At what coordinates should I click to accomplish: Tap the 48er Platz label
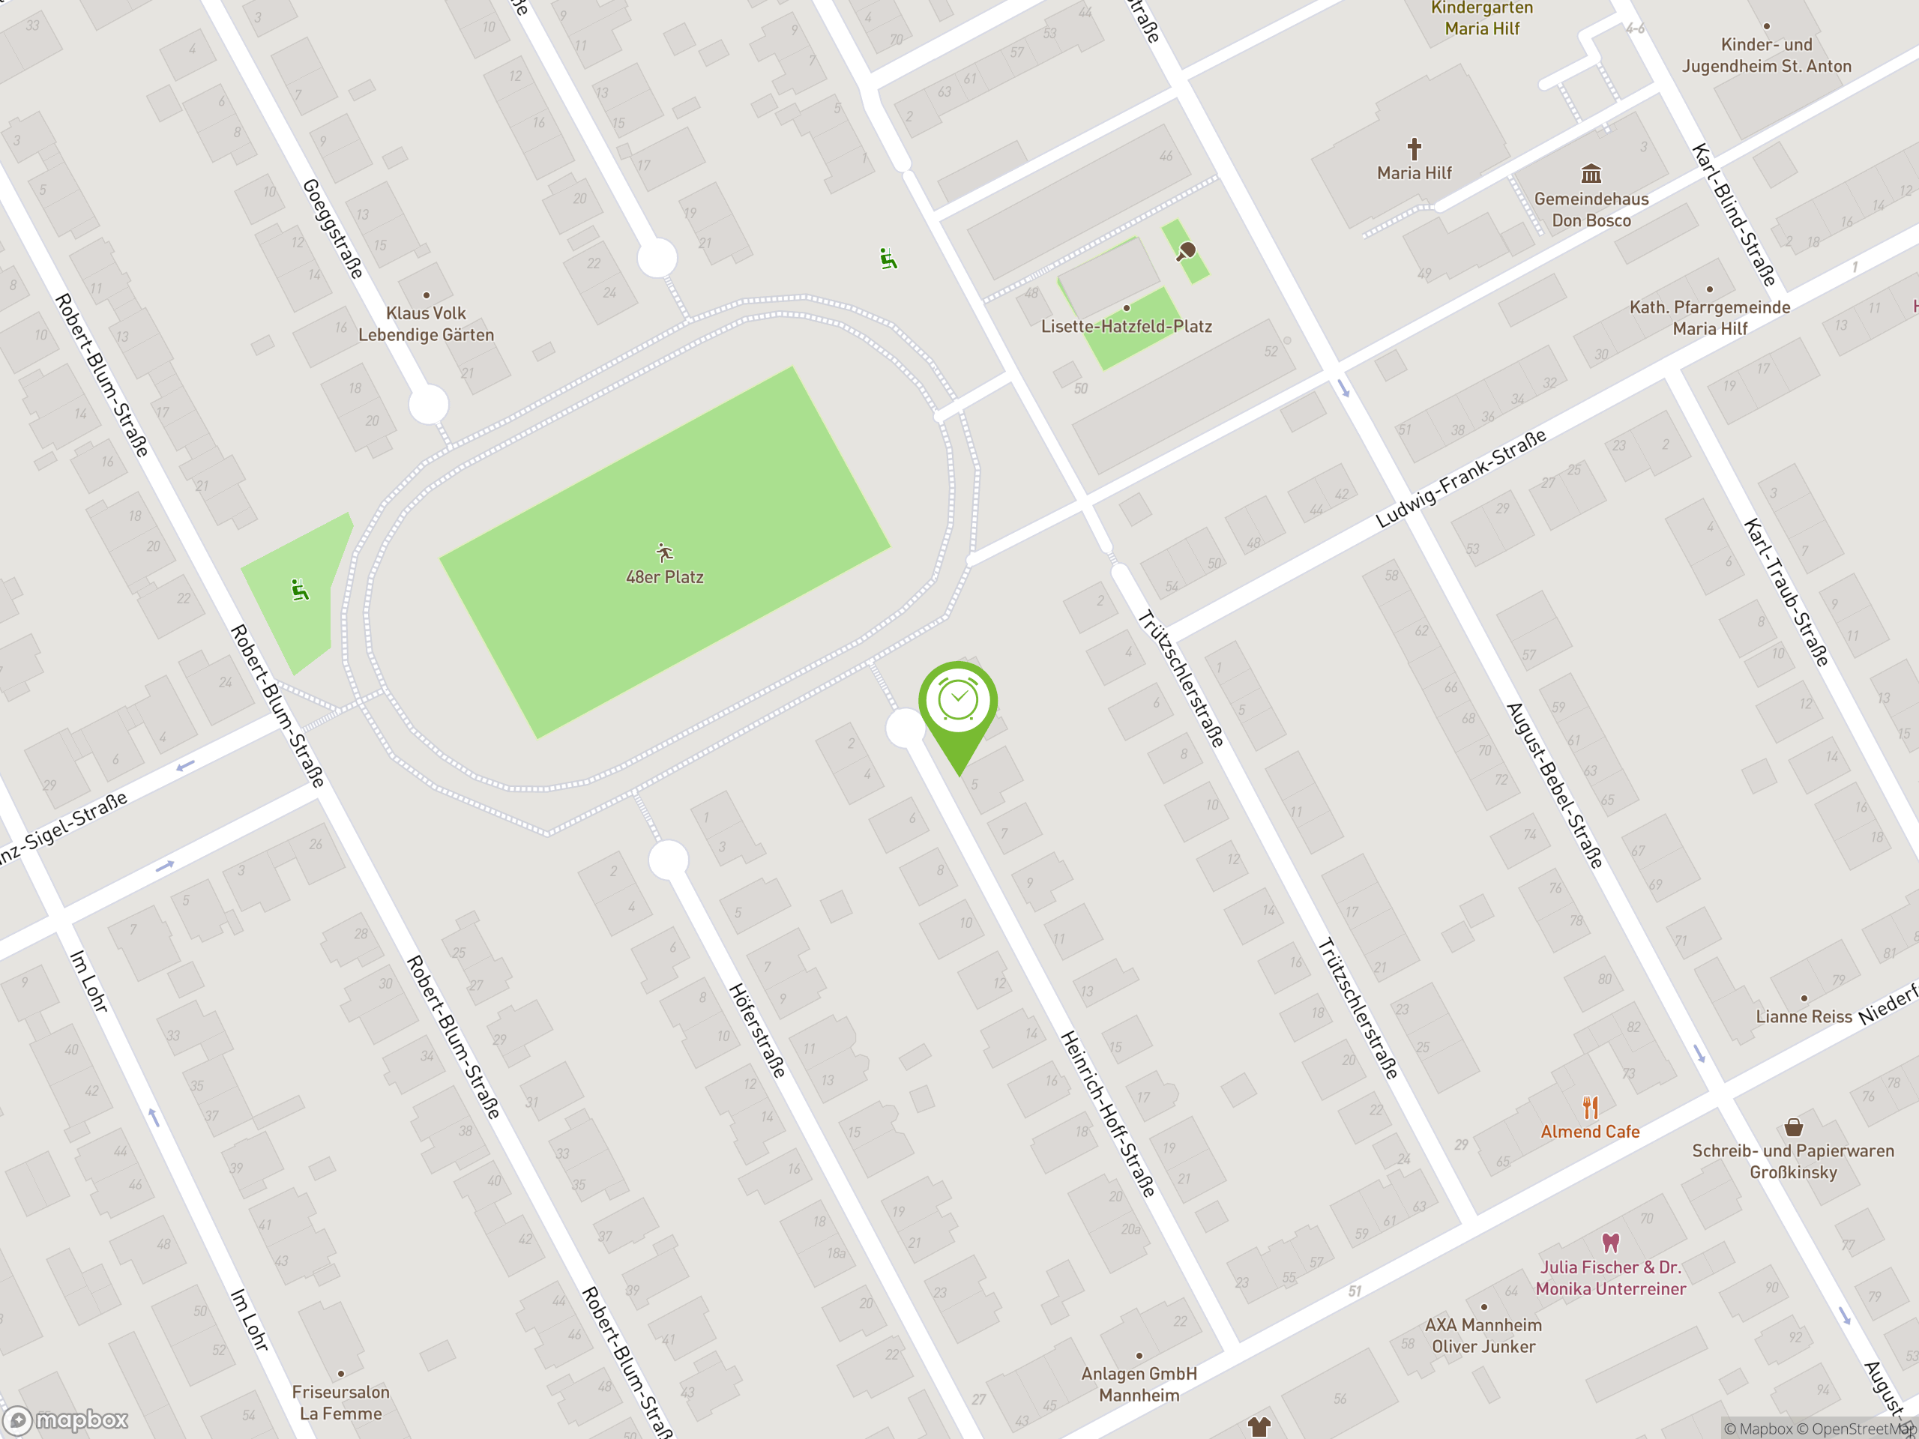point(665,577)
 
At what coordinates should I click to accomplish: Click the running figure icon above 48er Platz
point(665,552)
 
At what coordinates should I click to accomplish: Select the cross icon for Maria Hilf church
point(1414,149)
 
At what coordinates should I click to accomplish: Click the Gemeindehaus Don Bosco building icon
point(1591,172)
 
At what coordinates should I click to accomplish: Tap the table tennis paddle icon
point(1186,252)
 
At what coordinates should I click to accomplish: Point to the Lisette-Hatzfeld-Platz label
point(1126,327)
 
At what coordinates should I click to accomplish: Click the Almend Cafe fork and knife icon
point(1590,1107)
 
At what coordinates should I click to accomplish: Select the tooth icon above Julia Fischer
point(1610,1243)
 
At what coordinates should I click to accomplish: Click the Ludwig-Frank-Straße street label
point(1461,478)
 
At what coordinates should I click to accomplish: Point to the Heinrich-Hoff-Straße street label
point(1108,1114)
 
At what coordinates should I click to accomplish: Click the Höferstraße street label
point(756,1031)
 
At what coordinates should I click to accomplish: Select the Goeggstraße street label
point(332,229)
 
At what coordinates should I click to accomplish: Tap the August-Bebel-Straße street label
point(1554,785)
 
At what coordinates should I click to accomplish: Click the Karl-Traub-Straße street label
point(1786,592)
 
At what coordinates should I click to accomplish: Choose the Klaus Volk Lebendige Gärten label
point(426,325)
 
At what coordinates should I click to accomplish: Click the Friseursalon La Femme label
point(340,1402)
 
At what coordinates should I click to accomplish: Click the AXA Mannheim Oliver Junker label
point(1483,1336)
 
